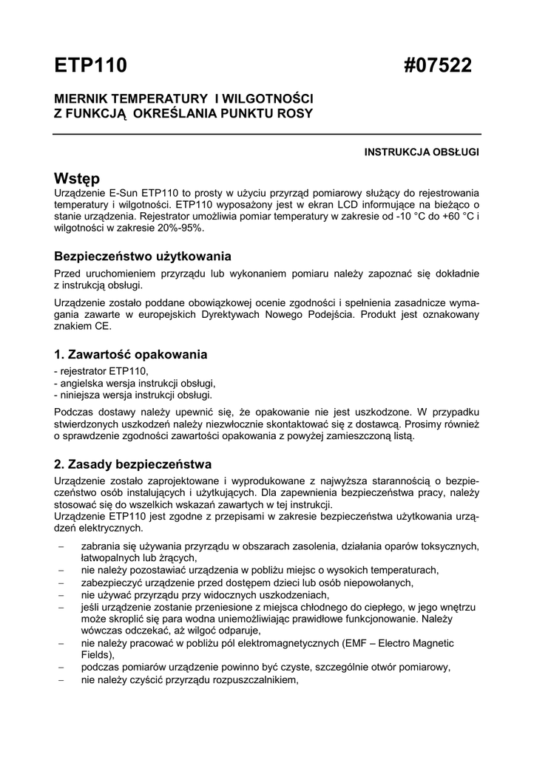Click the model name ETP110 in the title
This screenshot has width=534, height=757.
coord(91,66)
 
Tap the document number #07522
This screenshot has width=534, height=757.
coord(438,66)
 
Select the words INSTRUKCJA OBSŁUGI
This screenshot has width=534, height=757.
coord(422,152)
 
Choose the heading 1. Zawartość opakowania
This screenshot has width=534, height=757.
coord(131,354)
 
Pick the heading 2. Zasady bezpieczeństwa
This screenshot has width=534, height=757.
coord(133,464)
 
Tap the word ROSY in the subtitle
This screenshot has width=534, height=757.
coord(295,113)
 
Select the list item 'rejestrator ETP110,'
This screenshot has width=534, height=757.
coord(104,370)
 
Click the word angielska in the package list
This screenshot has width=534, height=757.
coord(82,383)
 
